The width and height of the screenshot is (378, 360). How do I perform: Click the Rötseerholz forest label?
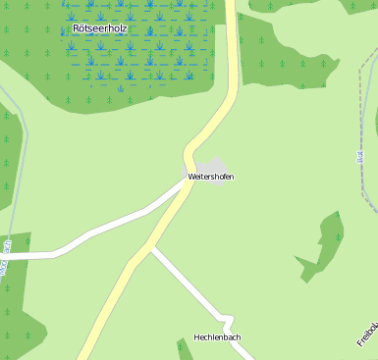pos(99,28)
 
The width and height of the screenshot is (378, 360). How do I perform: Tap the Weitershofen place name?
pos(211,177)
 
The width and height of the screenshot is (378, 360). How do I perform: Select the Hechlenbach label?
pos(217,337)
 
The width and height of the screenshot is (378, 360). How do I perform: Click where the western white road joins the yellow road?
pos(184,183)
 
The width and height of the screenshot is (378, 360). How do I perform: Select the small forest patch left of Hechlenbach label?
pos(184,349)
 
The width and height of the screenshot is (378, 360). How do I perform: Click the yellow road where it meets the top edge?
pos(231,4)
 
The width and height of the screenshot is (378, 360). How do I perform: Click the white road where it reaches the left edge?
pos(3,255)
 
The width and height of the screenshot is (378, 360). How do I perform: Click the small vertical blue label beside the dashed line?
pos(360,156)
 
